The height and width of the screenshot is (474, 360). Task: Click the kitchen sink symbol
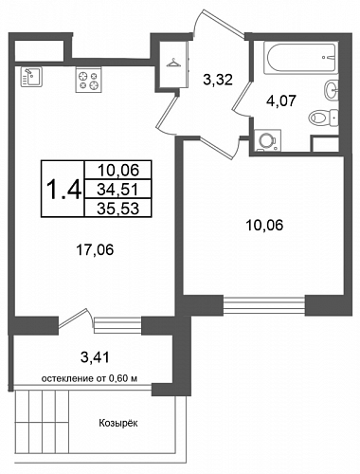pos(30,77)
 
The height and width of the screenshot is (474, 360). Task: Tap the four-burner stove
pos(88,80)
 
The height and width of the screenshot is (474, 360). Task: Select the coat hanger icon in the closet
pos(172,64)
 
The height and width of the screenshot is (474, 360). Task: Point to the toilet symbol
pos(323,118)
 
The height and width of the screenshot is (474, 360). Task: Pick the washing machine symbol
pos(267,139)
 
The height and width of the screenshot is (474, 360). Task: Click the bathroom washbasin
pos(332,90)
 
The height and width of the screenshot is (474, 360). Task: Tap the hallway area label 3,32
pos(218,80)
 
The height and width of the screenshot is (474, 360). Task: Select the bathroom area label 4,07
pos(281,100)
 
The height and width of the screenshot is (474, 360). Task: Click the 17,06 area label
pos(95,250)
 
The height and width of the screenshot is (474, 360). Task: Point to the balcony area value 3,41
pos(95,357)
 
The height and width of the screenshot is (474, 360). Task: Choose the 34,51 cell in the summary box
pos(118,190)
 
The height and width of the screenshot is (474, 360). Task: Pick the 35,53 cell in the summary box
pos(118,208)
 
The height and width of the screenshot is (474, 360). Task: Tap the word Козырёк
pos(118,423)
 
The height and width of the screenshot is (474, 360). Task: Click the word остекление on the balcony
pos(67,378)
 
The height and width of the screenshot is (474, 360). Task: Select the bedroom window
pos(264,304)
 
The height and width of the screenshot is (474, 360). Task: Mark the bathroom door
pos(243,96)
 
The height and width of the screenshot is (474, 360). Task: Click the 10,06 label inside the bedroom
pos(264,226)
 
